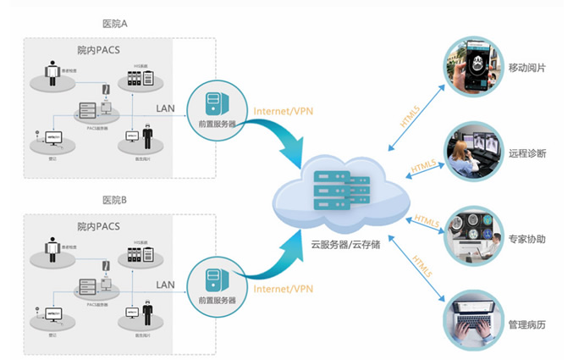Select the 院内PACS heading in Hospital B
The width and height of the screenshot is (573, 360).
coord(97,226)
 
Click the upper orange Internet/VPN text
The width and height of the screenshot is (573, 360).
coord(283,111)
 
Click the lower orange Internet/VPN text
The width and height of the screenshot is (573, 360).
coord(283,290)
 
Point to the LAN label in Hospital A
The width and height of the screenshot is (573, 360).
coord(166,108)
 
